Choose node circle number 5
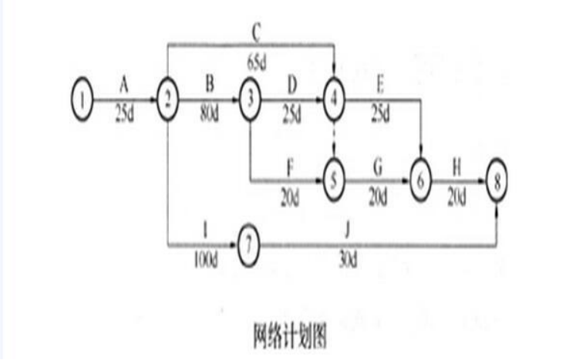pyautogui.click(x=333, y=182)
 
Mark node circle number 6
pyautogui.click(x=421, y=182)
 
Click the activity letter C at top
pyautogui.click(x=255, y=34)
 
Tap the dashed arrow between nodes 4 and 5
pyautogui.click(x=333, y=142)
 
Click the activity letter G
pyautogui.click(x=377, y=167)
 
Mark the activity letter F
pyautogui.click(x=290, y=167)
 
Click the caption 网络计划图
pyautogui.click(x=290, y=336)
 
